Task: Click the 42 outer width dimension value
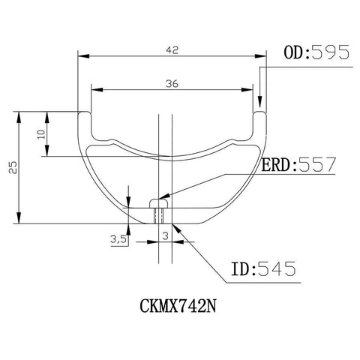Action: tap(172, 50)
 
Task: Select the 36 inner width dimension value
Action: tap(172, 84)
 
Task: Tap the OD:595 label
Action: tap(316, 52)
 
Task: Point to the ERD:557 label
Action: tap(298, 164)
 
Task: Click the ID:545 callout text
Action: tap(263, 268)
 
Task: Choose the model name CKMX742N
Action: tap(178, 306)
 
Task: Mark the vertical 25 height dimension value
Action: tap(13, 167)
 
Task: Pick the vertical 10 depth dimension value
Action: tap(41, 134)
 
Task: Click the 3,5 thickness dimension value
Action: tap(118, 239)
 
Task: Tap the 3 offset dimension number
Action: tap(165, 235)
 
